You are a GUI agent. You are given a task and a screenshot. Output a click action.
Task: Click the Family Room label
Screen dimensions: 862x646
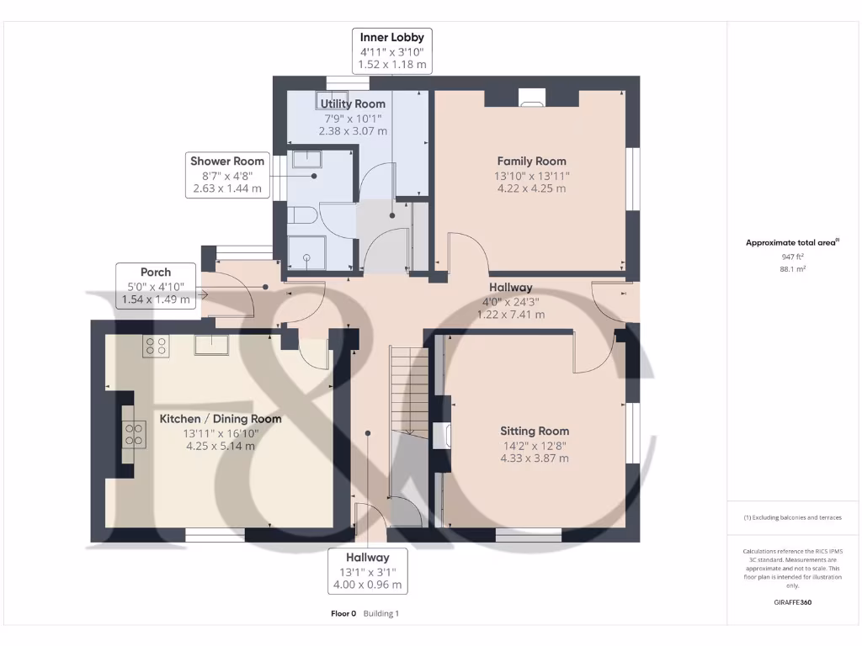coord(532,161)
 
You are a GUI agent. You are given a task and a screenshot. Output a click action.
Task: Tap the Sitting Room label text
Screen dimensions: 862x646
coord(535,432)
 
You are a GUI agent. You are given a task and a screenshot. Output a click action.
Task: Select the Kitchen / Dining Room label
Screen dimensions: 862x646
coord(221,419)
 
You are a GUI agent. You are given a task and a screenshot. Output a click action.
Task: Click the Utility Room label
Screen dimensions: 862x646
coord(353,103)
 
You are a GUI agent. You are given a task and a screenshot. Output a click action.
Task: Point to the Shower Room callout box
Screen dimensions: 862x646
coord(227,175)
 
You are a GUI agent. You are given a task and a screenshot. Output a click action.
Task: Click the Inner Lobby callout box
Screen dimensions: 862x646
coord(392,51)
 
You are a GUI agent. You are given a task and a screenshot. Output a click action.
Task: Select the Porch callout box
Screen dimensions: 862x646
coord(156,286)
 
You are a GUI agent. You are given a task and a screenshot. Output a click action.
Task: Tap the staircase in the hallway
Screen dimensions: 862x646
coord(409,390)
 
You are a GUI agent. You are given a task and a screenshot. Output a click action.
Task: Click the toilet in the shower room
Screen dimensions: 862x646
coord(301,214)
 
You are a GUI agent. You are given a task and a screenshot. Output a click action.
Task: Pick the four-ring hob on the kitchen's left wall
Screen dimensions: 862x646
coord(134,435)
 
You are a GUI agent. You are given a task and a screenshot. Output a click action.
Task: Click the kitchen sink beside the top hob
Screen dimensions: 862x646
coord(211,345)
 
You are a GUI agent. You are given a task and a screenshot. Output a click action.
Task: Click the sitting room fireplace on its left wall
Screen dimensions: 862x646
coord(441,437)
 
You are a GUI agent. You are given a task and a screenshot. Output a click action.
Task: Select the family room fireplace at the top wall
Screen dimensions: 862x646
coord(532,97)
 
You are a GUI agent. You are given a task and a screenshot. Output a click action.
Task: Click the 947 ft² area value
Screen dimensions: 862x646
coord(793,257)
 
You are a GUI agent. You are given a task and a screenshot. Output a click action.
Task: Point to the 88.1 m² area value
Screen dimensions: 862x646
coord(793,269)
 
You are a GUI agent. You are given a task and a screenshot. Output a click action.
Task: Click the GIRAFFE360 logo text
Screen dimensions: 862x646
coord(793,602)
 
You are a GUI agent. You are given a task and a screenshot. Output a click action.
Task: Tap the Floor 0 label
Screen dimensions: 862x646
coord(343,613)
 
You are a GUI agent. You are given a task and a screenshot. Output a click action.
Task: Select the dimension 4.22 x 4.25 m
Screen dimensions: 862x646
coord(532,188)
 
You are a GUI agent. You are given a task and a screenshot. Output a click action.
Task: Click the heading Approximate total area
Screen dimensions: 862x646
coord(790,242)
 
